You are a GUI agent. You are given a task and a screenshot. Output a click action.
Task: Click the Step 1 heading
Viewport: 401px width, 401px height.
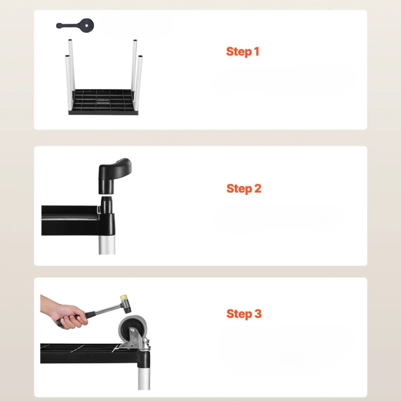pyautogui.click(x=242, y=52)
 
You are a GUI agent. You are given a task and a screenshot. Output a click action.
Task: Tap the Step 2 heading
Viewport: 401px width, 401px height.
pyautogui.click(x=244, y=189)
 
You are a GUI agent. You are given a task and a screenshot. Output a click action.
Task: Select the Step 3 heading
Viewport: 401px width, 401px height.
pyautogui.click(x=244, y=314)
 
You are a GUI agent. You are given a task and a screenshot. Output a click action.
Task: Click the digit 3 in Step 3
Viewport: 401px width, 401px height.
pyautogui.click(x=258, y=313)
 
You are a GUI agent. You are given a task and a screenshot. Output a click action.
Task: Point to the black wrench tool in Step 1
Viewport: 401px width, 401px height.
pyautogui.click(x=75, y=25)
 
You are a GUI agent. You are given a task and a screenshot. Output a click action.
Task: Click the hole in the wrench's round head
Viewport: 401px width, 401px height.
pyautogui.click(x=87, y=25)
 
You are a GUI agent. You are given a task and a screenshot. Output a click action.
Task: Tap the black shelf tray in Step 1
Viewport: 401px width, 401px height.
pyautogui.click(x=103, y=102)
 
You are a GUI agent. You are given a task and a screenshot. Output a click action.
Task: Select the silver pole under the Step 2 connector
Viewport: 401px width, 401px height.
pyautogui.click(x=107, y=245)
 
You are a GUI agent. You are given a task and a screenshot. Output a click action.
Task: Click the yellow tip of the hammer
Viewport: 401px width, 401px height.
pyautogui.click(x=124, y=298)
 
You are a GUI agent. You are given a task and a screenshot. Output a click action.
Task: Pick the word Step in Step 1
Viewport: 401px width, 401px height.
pyautogui.click(x=239, y=52)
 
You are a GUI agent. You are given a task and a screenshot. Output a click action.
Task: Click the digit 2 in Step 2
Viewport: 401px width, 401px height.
pyautogui.click(x=258, y=188)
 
